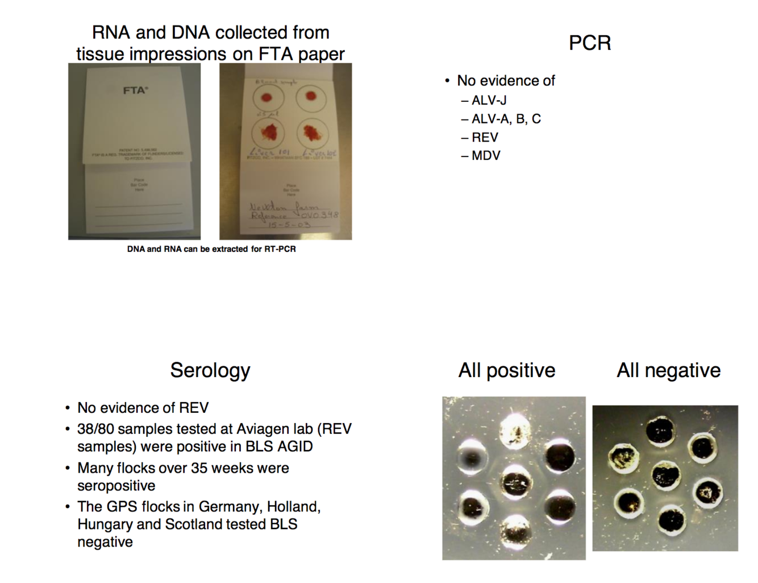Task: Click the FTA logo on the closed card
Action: pyautogui.click(x=135, y=90)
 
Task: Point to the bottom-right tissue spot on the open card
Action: pyautogui.click(x=311, y=133)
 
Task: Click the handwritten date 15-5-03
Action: pyautogui.click(x=289, y=225)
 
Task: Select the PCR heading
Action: pyautogui.click(x=590, y=43)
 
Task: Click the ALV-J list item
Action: pyautogui.click(x=489, y=101)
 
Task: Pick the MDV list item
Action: pyautogui.click(x=486, y=156)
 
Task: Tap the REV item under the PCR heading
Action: pyautogui.click(x=485, y=138)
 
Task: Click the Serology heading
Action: pyautogui.click(x=210, y=370)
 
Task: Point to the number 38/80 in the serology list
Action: pyautogui.click(x=96, y=429)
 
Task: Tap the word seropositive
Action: pyautogui.click(x=116, y=486)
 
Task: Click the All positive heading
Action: pyautogui.click(x=507, y=370)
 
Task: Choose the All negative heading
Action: pyautogui.click(x=669, y=370)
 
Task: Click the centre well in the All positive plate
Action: pyautogui.click(x=515, y=482)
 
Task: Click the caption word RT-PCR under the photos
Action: pyautogui.click(x=280, y=249)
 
